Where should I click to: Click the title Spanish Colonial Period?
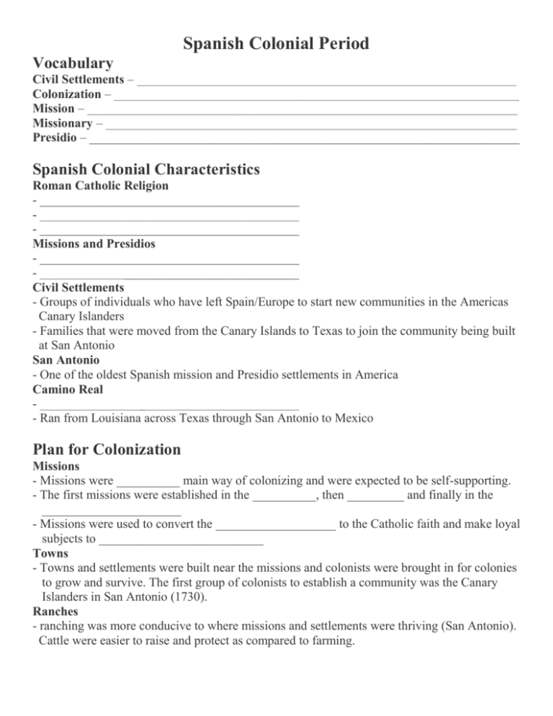[x=276, y=44]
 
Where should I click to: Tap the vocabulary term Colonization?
[x=67, y=94]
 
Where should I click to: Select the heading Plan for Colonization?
[x=107, y=450]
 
